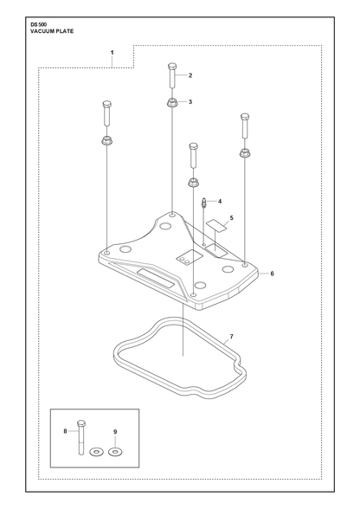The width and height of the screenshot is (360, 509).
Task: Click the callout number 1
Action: pos(112,52)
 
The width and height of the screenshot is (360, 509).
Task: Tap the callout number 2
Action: pos(190,75)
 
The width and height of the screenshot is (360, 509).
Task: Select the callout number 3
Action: pos(190,101)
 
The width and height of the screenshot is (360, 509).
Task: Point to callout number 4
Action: pos(220,201)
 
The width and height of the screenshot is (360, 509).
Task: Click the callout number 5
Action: pos(231,218)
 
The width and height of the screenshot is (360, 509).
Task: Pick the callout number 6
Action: pos(272,274)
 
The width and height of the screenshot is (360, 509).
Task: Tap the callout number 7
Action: pos(231,336)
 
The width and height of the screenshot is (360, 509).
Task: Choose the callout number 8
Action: pos(65,431)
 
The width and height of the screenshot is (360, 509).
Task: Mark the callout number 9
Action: pos(115,432)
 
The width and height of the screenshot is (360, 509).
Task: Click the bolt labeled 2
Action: pos(172,75)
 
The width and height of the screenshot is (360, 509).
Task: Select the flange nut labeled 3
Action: pos(172,103)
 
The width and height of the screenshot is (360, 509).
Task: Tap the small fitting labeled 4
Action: pos(204,203)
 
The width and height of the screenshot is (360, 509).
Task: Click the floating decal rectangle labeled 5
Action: pos(217,225)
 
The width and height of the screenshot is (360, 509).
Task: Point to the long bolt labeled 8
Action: pos(80,437)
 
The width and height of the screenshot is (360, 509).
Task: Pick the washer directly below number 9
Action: pos(114,451)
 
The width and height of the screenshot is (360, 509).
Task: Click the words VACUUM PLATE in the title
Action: pos(52,31)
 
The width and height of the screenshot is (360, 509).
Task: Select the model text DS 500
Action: pos(39,24)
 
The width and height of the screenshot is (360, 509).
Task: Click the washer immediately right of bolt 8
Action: pos(96,451)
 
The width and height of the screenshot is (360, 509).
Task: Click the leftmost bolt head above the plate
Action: pos(107,105)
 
